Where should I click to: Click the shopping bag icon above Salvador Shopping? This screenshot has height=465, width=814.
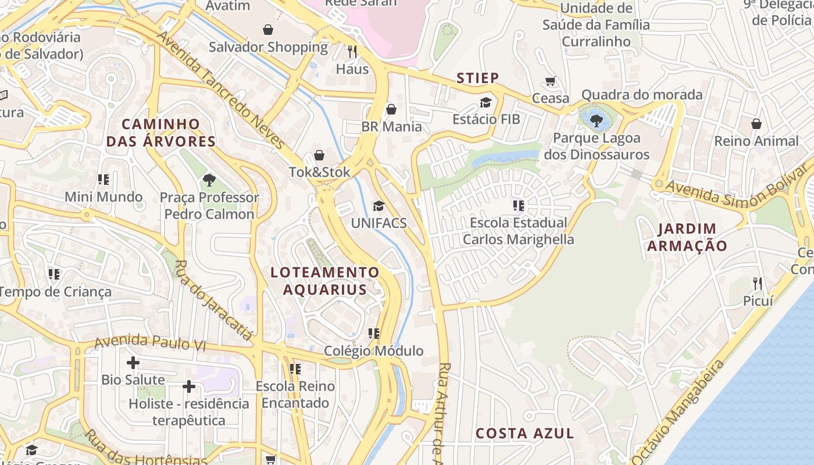tap(268, 29)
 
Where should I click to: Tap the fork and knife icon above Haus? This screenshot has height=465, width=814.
tap(352, 52)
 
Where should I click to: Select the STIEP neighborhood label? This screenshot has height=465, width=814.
tap(477, 78)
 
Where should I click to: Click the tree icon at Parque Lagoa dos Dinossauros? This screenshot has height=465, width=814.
tap(596, 120)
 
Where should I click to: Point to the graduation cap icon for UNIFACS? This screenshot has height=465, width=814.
tap(379, 206)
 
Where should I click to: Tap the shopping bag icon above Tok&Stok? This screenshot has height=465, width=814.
tap(319, 155)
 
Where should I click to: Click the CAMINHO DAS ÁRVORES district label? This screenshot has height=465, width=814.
tap(160, 133)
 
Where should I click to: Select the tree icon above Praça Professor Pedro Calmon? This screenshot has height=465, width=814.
tap(209, 180)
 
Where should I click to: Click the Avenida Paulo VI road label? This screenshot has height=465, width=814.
tap(150, 342)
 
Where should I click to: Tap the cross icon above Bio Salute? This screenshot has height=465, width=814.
tap(133, 363)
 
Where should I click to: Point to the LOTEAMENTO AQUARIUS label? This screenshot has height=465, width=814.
tap(325, 281)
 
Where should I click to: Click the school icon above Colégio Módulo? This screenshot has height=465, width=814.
tap(374, 334)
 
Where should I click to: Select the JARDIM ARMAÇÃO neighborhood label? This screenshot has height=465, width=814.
tap(687, 237)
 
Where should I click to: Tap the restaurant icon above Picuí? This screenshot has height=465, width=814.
tap(758, 284)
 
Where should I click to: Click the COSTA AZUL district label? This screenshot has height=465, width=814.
tap(525, 433)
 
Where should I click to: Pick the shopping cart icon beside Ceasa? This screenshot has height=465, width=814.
tap(551, 81)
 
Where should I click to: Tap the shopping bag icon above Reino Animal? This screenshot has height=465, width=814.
tap(756, 124)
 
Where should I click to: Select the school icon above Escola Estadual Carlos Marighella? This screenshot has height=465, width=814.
tap(519, 205)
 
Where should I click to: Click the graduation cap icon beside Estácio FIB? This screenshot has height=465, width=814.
tap(485, 102)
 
